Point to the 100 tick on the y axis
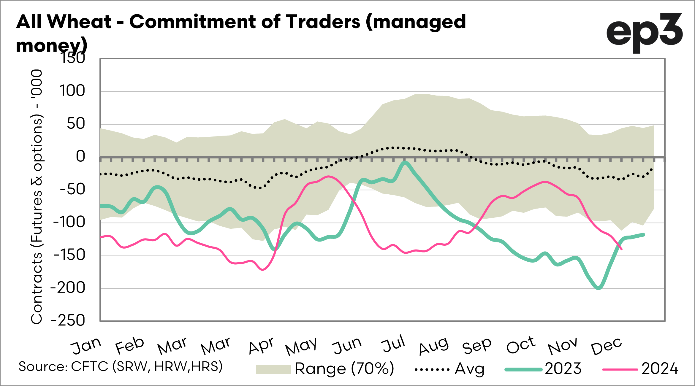click(x=72, y=91)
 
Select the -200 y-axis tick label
click(x=68, y=288)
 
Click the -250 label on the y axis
click(x=68, y=321)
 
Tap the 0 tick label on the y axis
click(x=80, y=156)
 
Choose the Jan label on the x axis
click(x=86, y=346)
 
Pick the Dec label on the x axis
click(x=606, y=346)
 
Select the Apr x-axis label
click(x=261, y=346)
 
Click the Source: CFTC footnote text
click(x=121, y=367)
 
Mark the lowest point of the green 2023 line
click(x=598, y=288)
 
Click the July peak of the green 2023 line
click(x=405, y=162)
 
